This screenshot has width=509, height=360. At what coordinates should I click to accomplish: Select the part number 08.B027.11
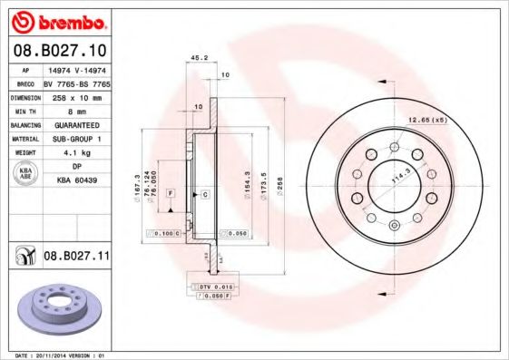[75, 258]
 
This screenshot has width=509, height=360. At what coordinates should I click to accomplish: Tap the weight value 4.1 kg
[75, 154]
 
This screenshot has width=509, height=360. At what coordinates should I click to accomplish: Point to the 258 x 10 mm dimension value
[75, 95]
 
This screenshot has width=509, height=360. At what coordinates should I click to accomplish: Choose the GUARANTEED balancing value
[76, 124]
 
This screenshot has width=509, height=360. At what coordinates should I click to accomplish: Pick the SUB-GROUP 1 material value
[75, 140]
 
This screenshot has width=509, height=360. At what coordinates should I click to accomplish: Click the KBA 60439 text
[76, 182]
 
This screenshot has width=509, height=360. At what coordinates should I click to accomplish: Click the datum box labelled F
[170, 194]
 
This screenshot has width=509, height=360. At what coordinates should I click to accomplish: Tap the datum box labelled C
[205, 195]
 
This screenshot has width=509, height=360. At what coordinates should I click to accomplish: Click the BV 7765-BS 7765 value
[76, 81]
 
